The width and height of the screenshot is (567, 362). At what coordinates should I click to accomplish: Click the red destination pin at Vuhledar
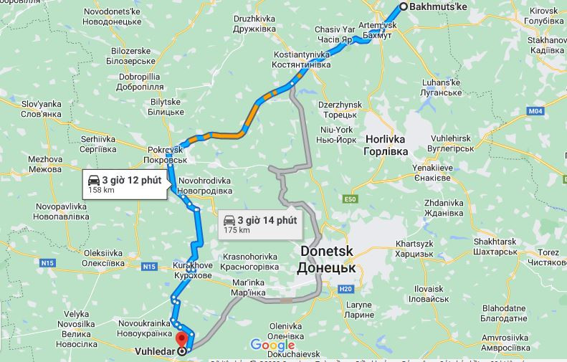click(x=181, y=338)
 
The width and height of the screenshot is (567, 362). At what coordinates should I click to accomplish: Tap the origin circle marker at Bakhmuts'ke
click(x=403, y=6)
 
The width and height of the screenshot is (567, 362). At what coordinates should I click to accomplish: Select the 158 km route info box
click(x=125, y=184)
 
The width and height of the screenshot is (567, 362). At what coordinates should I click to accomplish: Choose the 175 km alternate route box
click(x=259, y=224)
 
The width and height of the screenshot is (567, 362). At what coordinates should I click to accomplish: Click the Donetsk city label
click(x=327, y=259)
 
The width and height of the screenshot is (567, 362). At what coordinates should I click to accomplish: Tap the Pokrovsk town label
click(x=166, y=154)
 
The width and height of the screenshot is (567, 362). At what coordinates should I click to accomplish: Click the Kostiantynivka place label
click(x=301, y=59)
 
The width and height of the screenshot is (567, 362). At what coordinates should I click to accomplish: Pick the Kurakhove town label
click(x=193, y=270)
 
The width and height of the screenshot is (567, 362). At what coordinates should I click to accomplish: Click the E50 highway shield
click(x=350, y=199)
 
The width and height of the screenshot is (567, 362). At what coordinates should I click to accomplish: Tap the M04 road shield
click(x=535, y=111)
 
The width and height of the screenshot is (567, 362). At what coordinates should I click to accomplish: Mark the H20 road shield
click(x=346, y=289)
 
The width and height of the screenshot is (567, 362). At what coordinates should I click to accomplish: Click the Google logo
click(x=273, y=346)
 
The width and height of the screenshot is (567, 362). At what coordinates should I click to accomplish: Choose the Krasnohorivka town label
click(x=249, y=261)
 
